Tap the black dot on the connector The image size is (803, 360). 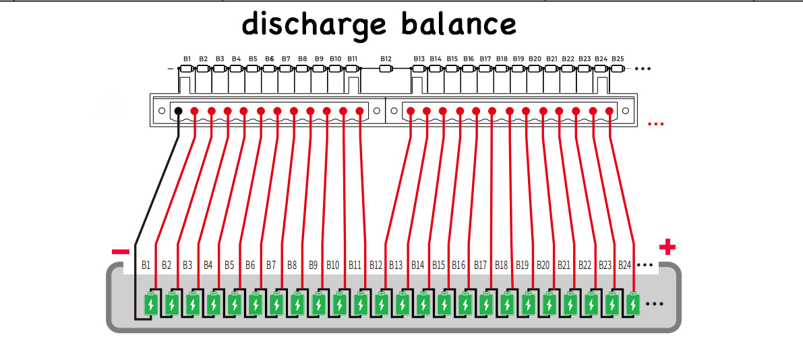pyautogui.click(x=178, y=111)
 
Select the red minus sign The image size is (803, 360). pyautogui.click(x=121, y=251)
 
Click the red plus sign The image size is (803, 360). pyautogui.click(x=667, y=247)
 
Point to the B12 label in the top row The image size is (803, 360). pyautogui.click(x=386, y=59)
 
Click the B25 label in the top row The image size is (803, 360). pyautogui.click(x=618, y=59)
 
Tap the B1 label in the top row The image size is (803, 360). pyautogui.click(x=187, y=59)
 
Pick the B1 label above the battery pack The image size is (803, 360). pyautogui.click(x=146, y=265)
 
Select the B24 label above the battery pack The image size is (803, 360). pyautogui.click(x=624, y=265)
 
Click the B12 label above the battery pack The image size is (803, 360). pyautogui.click(x=376, y=265)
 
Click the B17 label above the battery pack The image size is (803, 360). pyautogui.click(x=480, y=265)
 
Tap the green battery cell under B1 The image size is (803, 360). pyautogui.click(x=152, y=304)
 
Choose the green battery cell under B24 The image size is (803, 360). pyautogui.click(x=632, y=304)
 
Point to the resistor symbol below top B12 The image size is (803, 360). pyautogui.click(x=386, y=68)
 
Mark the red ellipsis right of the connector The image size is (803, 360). pyautogui.click(x=655, y=124)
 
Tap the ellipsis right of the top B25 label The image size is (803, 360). pyautogui.click(x=643, y=69)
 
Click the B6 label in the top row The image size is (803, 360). pyautogui.click(x=269, y=59)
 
